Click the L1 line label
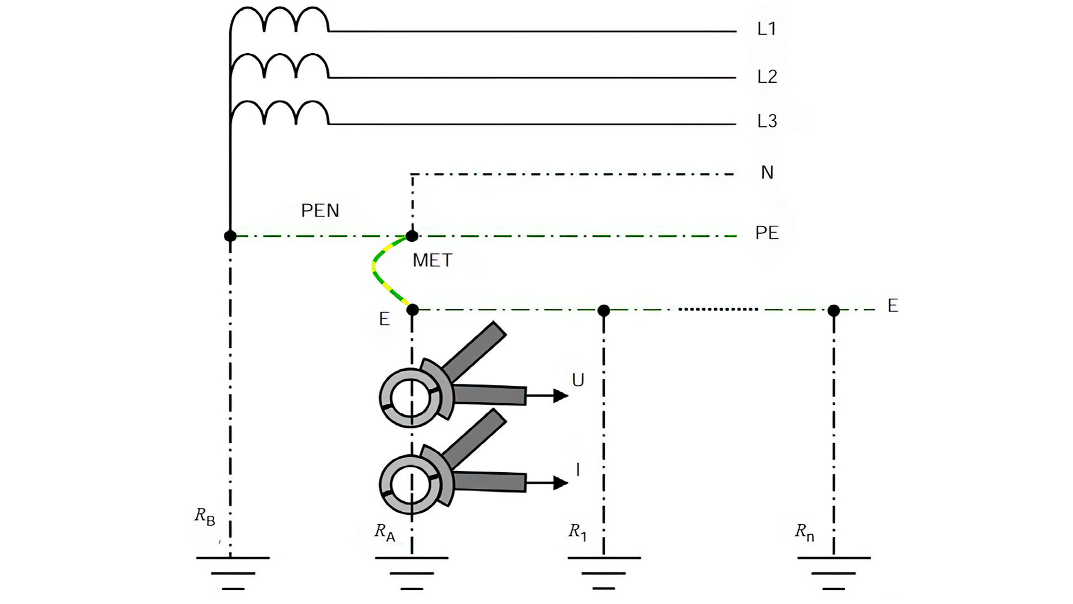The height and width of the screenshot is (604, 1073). point(766,29)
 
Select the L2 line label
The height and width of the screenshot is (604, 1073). point(767,77)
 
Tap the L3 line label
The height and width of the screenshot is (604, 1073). point(767,121)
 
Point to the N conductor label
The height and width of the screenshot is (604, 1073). point(767,172)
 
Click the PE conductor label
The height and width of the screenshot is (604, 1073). point(767,233)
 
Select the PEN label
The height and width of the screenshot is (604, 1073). point(320,210)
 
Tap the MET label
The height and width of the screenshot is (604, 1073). point(432,260)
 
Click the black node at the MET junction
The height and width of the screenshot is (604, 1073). point(412,236)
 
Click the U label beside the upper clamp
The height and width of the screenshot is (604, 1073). point(578,380)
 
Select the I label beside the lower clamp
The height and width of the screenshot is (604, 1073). point(577,470)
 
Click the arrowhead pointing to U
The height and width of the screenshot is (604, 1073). point(560,396)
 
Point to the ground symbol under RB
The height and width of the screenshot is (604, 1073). point(232,573)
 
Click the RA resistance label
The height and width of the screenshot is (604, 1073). point(384,532)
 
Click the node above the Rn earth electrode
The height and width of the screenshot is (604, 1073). point(833,310)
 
